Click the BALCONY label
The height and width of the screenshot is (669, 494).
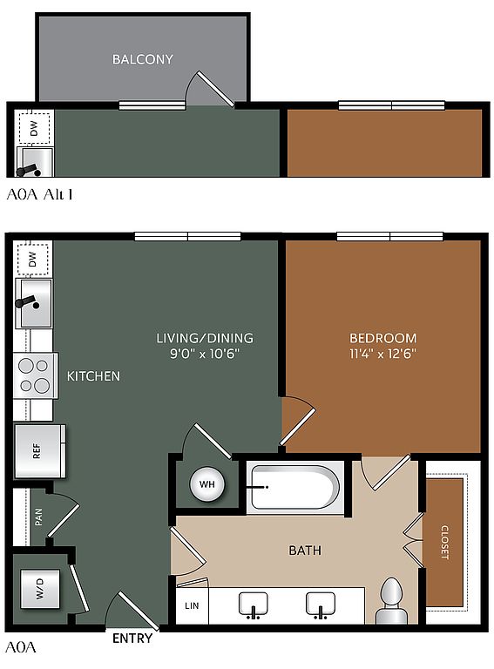click(x=143, y=59)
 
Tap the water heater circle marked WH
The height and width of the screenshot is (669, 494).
click(x=206, y=484)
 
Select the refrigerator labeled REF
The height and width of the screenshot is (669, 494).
click(x=40, y=450)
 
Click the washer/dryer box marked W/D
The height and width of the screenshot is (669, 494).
click(x=40, y=589)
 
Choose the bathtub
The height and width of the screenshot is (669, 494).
click(x=295, y=487)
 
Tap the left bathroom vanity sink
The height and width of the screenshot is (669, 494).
click(x=254, y=605)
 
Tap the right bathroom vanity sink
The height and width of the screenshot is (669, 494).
click(x=321, y=605)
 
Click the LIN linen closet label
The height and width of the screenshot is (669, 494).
click(x=192, y=605)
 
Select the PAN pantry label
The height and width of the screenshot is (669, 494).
click(x=38, y=517)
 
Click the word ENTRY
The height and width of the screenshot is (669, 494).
click(x=132, y=639)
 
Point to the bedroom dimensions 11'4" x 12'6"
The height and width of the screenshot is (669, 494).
click(x=382, y=354)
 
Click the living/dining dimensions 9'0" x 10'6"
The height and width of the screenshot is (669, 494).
click(x=205, y=354)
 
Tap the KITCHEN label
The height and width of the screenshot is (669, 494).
click(x=93, y=376)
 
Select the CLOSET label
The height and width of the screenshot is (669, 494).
click(x=444, y=543)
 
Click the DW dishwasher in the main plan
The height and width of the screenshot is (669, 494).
click(x=32, y=259)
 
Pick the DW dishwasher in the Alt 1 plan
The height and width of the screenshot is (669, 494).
click(x=34, y=128)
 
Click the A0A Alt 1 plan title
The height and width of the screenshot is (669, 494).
click(x=40, y=194)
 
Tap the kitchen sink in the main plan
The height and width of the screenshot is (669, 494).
click(x=34, y=303)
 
